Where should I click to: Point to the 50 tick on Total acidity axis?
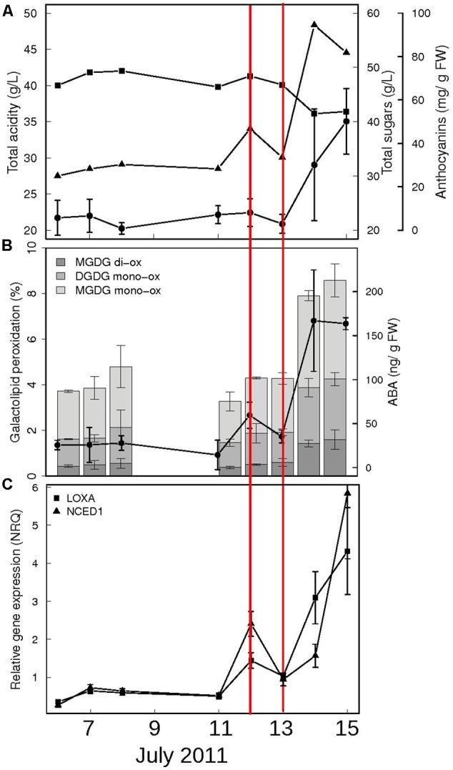click(34, 13)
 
